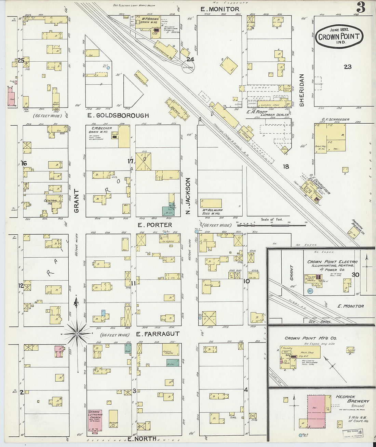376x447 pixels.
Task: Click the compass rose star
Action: (77, 333)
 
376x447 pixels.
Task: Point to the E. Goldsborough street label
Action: (118, 116)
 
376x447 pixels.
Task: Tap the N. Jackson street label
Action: (188, 196)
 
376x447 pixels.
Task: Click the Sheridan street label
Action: (302, 90)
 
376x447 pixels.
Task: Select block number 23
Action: (348, 67)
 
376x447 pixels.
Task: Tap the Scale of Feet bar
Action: (271, 225)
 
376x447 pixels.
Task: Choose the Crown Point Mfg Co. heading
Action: (310, 338)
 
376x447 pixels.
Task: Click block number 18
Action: (286, 166)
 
